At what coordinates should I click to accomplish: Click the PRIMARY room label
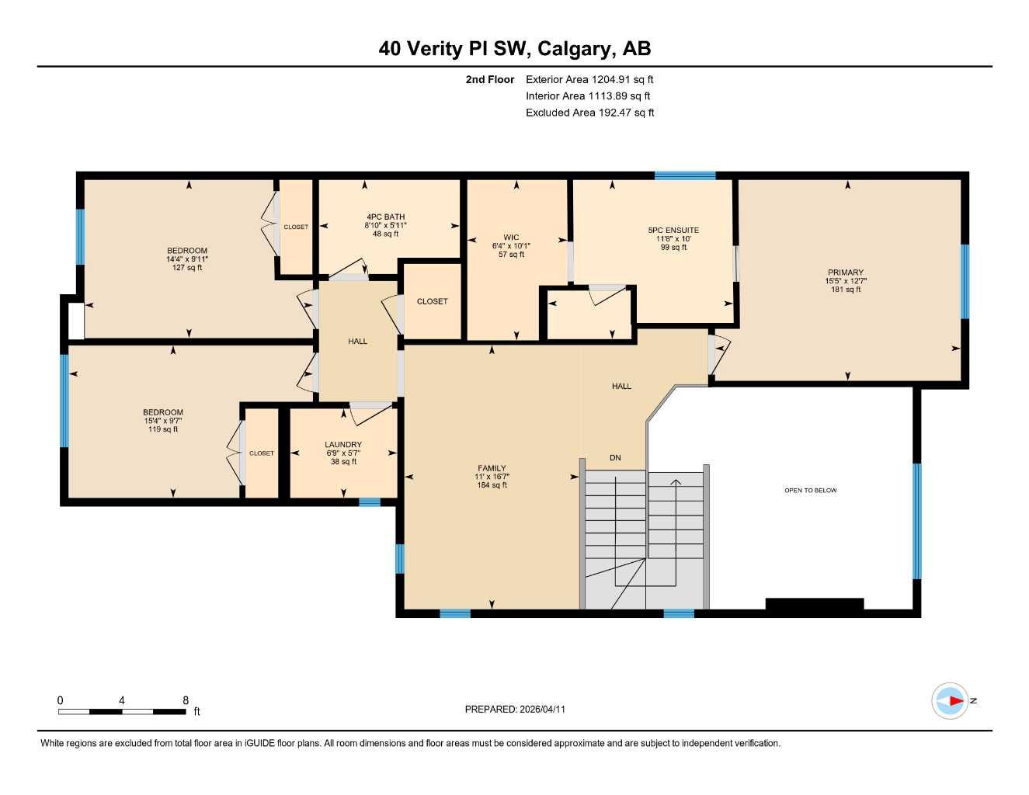(845, 273)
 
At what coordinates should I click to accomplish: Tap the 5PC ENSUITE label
(673, 230)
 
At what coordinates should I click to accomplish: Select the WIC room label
(511, 238)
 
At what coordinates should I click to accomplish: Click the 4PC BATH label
(385, 217)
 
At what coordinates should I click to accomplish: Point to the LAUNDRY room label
(342, 445)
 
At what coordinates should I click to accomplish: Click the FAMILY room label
(492, 468)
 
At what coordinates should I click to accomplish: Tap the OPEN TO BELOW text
(810, 491)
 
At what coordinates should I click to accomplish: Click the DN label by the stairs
(615, 458)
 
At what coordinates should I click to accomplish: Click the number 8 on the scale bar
(186, 700)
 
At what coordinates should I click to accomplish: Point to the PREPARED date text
(515, 710)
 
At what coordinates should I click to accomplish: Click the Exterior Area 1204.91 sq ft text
(589, 79)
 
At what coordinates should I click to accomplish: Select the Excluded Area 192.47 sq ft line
(589, 113)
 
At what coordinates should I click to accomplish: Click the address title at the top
(514, 49)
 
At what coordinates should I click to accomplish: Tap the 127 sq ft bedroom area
(187, 268)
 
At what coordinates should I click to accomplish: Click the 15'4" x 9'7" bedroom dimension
(163, 421)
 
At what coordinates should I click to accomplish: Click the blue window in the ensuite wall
(684, 175)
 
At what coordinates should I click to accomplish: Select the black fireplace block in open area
(814, 604)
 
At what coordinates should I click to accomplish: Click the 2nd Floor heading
(489, 79)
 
